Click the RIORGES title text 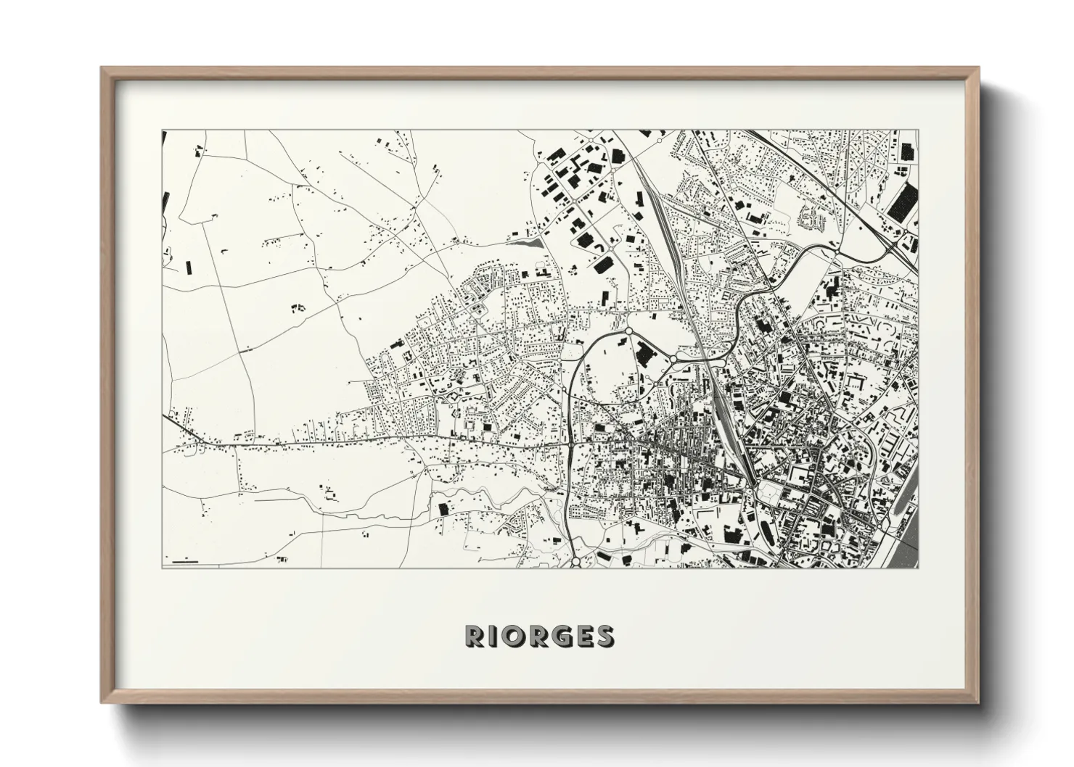[539, 636]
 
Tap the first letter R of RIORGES [474, 636]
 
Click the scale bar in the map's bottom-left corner [185, 560]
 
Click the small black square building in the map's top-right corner [907, 152]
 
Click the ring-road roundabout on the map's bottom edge [575, 561]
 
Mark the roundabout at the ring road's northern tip [628, 331]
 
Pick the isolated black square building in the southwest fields [443, 509]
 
